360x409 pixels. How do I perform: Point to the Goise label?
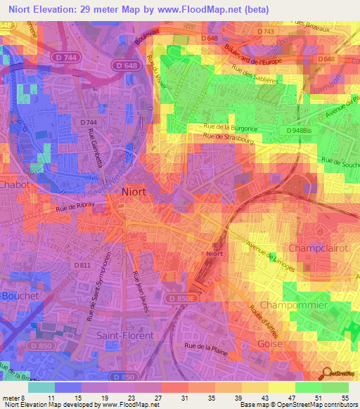coord(270,344)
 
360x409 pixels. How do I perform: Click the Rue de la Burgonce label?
coord(231,127)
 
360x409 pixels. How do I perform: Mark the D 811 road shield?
coord(82,265)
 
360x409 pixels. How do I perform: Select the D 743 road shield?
coord(265,32)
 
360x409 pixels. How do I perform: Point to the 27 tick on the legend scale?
coord(159,398)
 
